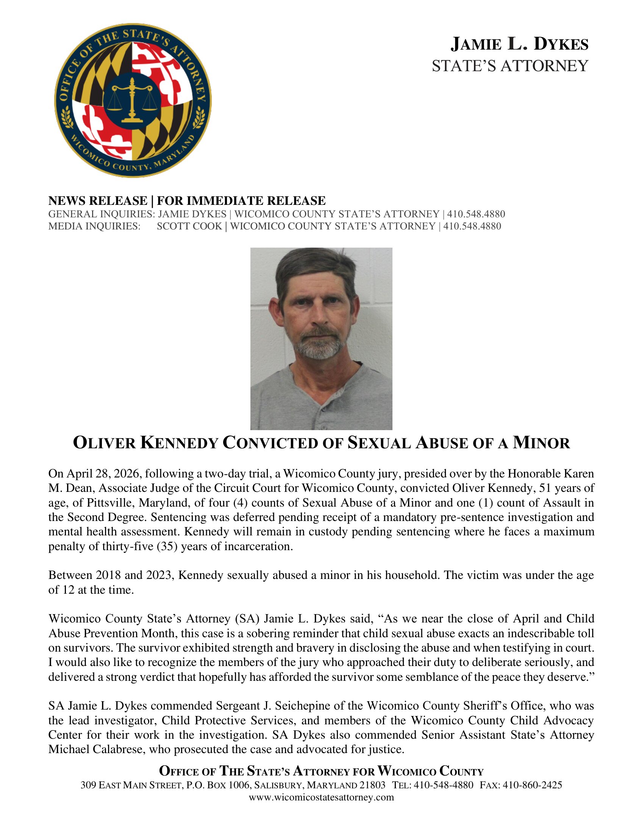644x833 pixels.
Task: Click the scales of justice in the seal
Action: tap(132, 100)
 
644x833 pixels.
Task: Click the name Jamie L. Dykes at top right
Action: tap(519, 44)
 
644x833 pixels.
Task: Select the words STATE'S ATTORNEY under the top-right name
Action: tap(510, 66)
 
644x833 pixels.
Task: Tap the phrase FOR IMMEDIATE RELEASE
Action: tap(241, 201)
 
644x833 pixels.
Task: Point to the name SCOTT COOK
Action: tap(189, 226)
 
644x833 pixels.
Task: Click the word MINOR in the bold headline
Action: tap(541, 443)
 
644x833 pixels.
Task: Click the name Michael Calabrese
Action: tap(97, 749)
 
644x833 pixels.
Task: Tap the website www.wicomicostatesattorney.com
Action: tap(321, 797)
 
